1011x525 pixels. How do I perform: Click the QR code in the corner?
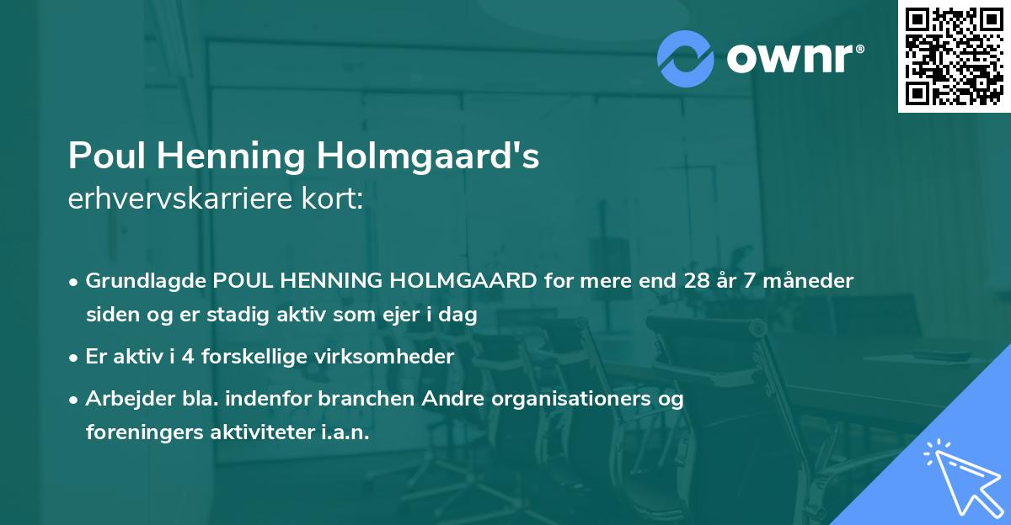(955, 56)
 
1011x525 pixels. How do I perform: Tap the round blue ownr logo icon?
(686, 59)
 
